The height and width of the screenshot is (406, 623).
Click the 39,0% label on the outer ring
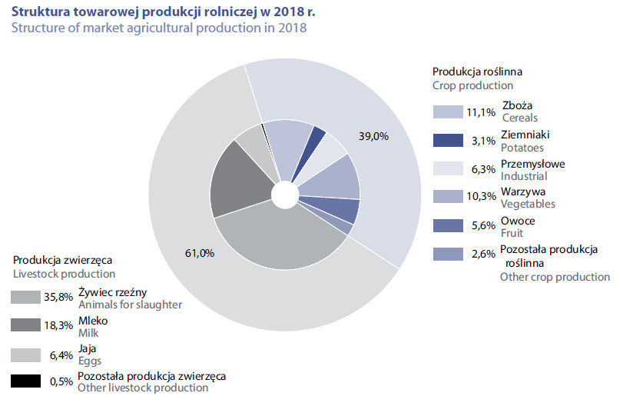(373, 136)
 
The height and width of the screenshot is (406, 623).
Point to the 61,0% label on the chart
(200, 253)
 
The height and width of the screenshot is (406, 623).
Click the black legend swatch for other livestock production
(25, 381)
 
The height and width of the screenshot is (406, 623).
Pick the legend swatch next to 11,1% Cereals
(448, 112)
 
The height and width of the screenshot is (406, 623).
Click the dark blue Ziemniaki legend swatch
(448, 141)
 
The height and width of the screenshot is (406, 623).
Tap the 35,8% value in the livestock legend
(58, 297)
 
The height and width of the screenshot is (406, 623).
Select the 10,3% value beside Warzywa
(481, 196)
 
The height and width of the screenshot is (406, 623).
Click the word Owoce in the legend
(518, 221)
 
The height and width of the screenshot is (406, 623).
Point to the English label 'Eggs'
(90, 361)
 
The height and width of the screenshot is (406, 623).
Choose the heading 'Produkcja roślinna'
(477, 72)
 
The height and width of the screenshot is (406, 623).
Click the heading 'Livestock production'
(64, 274)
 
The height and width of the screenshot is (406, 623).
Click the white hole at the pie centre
(285, 195)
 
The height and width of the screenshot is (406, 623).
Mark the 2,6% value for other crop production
(483, 254)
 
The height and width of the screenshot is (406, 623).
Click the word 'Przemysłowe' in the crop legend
(533, 164)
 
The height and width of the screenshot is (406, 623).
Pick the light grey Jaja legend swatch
(25, 355)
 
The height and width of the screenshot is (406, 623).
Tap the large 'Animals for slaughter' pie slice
(280, 238)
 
